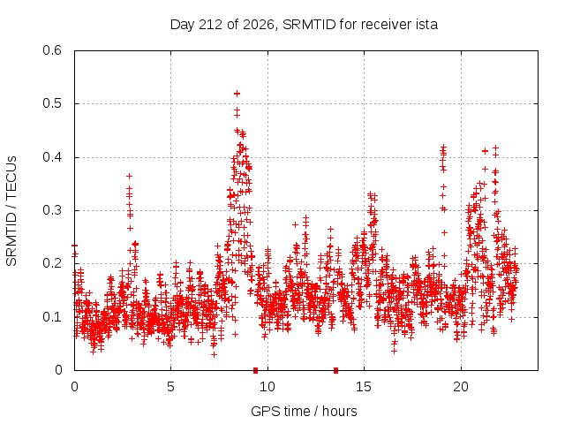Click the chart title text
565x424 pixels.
pyautogui.click(x=304, y=25)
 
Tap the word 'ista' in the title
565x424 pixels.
pyautogui.click(x=426, y=25)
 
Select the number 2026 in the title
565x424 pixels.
pyautogui.click(x=258, y=25)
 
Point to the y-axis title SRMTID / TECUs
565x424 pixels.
pyautogui.click(x=11, y=211)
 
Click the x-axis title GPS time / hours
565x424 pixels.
pyautogui.click(x=304, y=411)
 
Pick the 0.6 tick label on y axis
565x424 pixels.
pyautogui.click(x=52, y=50)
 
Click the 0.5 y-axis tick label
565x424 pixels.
pyautogui.click(x=52, y=103)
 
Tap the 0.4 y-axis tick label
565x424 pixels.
pyautogui.click(x=52, y=157)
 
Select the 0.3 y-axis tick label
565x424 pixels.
pyautogui.click(x=52, y=210)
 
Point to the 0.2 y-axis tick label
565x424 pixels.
pyautogui.click(x=52, y=263)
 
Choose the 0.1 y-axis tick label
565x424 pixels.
pyautogui.click(x=52, y=317)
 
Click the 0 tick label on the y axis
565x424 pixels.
pyautogui.click(x=58, y=370)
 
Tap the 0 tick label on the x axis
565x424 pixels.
pyautogui.click(x=74, y=387)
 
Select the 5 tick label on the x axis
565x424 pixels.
pyautogui.click(x=170, y=387)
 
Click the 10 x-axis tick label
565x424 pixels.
pyautogui.click(x=267, y=387)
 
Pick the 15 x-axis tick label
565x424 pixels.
pyautogui.click(x=364, y=387)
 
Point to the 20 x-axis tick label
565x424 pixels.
pyautogui.click(x=461, y=387)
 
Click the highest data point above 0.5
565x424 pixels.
pyautogui.click(x=237, y=94)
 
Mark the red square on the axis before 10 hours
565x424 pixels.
pyautogui.click(x=255, y=370)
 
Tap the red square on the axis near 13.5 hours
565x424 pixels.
pyautogui.click(x=335, y=370)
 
